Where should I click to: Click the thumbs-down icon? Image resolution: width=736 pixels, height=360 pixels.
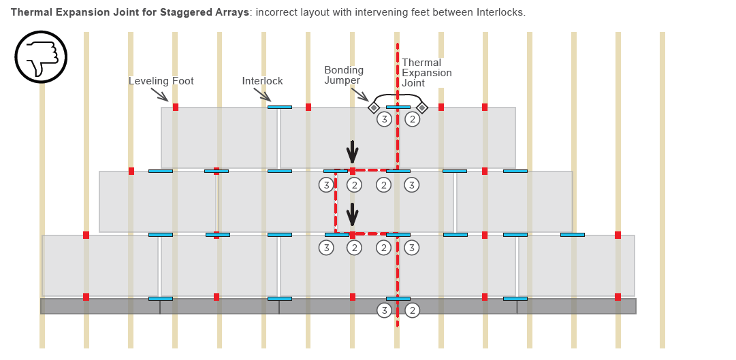41,56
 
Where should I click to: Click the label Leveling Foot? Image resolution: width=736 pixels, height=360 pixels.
161,81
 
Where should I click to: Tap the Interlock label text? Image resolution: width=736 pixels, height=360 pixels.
262,81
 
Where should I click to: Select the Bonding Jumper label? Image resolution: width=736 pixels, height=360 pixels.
344,75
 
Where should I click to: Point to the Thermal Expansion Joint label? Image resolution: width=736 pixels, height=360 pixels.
426,73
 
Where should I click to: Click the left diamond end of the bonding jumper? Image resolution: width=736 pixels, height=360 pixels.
374,108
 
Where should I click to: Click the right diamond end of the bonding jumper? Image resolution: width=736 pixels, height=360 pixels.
422,108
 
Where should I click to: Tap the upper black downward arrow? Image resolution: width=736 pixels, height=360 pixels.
352,151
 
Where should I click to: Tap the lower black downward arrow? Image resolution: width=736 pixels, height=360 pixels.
352,214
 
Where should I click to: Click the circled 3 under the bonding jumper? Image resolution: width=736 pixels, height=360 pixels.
384,120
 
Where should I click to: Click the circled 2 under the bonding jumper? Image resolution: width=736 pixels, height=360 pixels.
413,120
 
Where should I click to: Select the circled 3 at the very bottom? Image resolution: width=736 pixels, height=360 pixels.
384,310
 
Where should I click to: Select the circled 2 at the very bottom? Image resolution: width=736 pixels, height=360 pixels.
413,310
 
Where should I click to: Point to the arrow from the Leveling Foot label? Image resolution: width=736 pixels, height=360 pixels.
159,94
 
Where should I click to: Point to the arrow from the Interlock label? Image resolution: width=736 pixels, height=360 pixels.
262,95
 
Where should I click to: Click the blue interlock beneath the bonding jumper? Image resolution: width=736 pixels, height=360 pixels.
398,107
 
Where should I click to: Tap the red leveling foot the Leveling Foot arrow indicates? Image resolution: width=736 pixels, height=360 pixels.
176,107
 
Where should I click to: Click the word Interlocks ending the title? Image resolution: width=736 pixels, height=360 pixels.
502,12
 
